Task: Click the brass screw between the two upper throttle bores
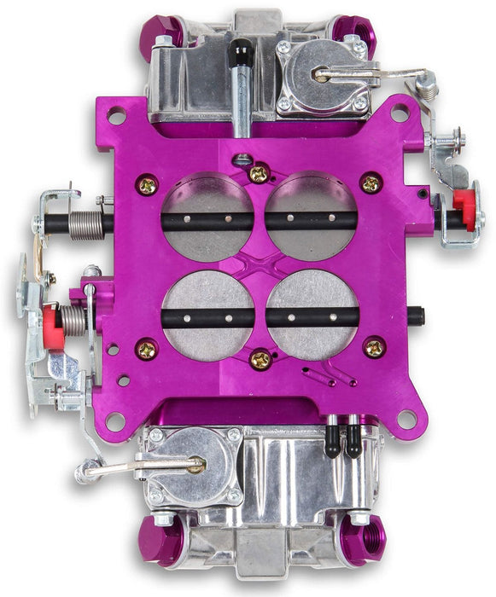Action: tap(259, 174)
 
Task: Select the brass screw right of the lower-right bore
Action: tap(374, 347)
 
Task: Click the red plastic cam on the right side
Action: tap(463, 201)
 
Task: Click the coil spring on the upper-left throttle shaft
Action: tap(85, 225)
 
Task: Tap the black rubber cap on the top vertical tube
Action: tap(242, 50)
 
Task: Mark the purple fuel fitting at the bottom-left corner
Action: tap(160, 542)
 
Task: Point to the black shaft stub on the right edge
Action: tap(416, 316)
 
